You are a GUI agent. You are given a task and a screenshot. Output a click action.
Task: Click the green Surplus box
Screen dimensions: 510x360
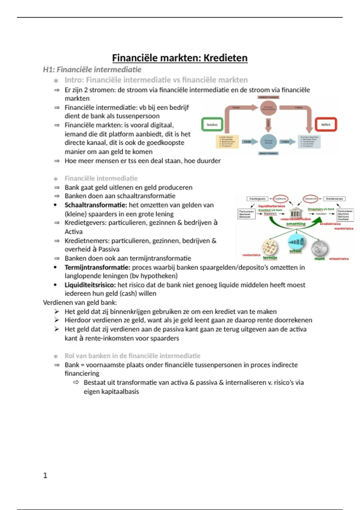pos(212,124)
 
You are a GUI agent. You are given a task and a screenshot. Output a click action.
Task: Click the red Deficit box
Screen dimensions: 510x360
pos(326,124)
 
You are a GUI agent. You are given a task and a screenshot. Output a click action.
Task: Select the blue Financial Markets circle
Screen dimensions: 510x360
pos(268,142)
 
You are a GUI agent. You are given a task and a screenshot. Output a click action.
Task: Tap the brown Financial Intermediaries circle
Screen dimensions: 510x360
pos(268,108)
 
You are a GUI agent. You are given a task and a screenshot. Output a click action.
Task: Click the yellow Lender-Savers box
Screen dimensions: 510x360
pos(227,142)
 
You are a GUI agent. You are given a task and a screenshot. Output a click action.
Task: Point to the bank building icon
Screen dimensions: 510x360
pos(295,213)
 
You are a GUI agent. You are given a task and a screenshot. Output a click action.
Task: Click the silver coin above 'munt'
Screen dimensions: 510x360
pos(320,248)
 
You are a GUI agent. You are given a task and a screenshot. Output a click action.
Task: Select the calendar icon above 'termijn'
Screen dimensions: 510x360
pos(269,247)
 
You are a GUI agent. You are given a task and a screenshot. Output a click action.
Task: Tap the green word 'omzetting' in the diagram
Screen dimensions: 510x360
pos(296,224)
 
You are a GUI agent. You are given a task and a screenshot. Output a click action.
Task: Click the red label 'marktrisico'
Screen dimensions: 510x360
pos(344,229)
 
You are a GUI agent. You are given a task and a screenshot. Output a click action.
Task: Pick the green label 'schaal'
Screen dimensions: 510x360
pos(295,251)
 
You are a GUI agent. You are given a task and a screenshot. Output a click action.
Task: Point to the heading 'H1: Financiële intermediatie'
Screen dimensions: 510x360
pos(92,70)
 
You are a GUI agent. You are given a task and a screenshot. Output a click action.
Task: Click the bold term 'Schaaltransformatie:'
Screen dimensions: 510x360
pos(96,205)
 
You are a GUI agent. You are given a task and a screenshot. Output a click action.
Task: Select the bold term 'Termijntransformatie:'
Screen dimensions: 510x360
pos(97,267)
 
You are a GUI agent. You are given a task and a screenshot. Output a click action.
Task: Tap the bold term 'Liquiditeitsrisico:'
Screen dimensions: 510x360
pos(90,285)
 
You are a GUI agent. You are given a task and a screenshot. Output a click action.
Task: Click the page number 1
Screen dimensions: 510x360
pos(45,475)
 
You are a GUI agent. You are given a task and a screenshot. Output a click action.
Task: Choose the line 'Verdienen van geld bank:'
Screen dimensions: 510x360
pos(80,302)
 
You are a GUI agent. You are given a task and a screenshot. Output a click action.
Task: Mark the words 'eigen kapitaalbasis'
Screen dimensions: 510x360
pos(111,391)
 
